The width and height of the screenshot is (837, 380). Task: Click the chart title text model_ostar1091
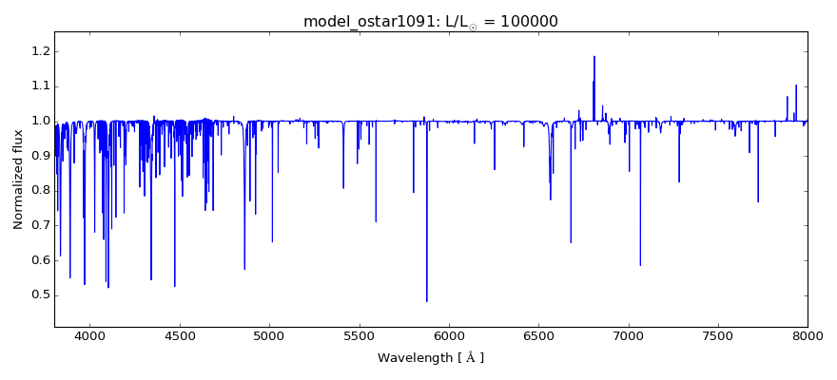[x=365, y=22]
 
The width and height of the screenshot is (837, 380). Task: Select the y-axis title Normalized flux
[x=18, y=180]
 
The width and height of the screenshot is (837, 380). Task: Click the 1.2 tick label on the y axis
[x=38, y=51]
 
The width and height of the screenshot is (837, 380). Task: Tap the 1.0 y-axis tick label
[x=38, y=121]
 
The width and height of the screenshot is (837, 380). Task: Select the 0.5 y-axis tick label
[x=38, y=294]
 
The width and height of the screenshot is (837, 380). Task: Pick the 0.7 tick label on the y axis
[x=38, y=225]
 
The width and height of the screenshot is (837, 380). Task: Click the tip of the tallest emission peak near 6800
[x=594, y=56]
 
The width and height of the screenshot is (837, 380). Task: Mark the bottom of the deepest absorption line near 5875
[x=426, y=301]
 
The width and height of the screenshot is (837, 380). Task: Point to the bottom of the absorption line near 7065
[x=640, y=265]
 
